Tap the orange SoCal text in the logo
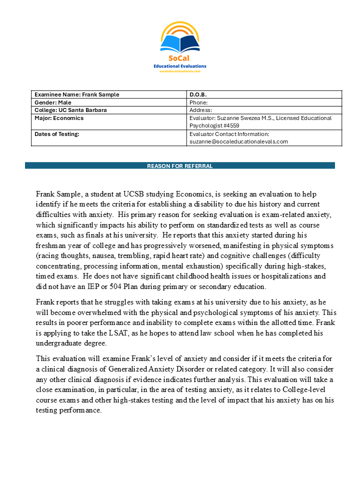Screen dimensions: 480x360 click(x=179, y=58)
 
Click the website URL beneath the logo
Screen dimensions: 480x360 click(x=179, y=71)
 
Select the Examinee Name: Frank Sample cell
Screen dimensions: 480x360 click(x=77, y=94)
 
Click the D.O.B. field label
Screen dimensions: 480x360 click(x=198, y=94)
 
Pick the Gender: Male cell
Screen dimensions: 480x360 click(x=53, y=102)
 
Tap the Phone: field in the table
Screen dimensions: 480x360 click(x=198, y=102)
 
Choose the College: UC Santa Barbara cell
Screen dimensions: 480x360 click(x=70, y=110)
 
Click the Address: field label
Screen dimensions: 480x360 click(x=201, y=110)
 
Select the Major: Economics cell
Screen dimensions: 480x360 click(x=59, y=118)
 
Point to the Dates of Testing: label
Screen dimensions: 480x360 click(x=57, y=134)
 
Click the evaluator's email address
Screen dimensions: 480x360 click(x=238, y=141)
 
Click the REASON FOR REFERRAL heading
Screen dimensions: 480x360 click(x=179, y=166)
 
